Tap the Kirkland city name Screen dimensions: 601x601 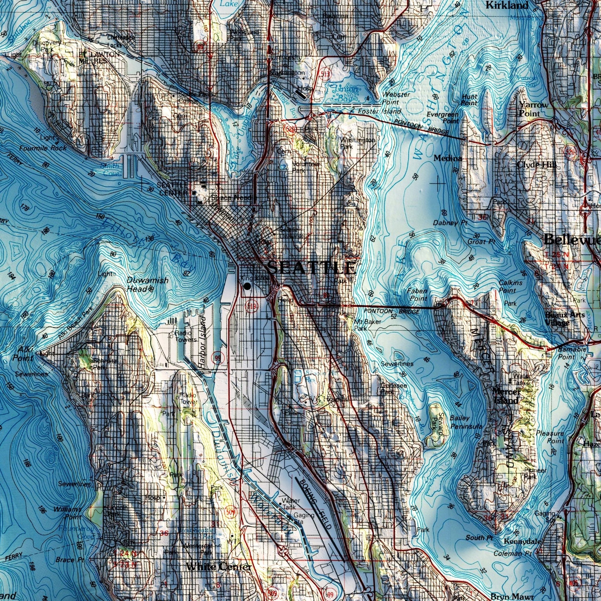click(507, 5)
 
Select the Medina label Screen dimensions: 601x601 click(448, 158)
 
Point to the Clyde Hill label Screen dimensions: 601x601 click(537, 165)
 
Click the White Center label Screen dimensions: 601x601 click(218, 567)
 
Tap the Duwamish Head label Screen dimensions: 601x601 click(147, 284)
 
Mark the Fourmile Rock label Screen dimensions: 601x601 click(43, 148)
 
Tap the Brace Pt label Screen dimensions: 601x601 click(69, 560)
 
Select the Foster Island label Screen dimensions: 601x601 click(379, 111)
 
